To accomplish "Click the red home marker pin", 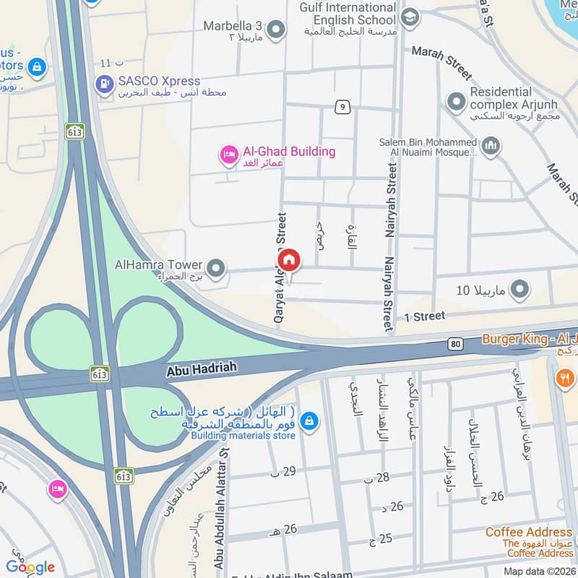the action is pyautogui.click(x=288, y=260).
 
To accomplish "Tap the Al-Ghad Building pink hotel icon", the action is pyautogui.click(x=230, y=154).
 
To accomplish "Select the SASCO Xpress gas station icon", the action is pyautogui.click(x=105, y=85).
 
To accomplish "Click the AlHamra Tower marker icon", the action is pyautogui.click(x=214, y=266).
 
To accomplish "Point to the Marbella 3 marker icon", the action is pyautogui.click(x=275, y=30).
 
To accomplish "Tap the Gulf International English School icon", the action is pyautogui.click(x=410, y=17).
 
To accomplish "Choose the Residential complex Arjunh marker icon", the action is pyautogui.click(x=455, y=102).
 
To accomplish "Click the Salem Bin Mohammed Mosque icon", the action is pyautogui.click(x=491, y=146).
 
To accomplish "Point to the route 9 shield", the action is pyautogui.click(x=342, y=108).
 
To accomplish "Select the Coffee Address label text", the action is pyautogui.click(x=529, y=532).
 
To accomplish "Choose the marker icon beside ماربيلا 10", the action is pyautogui.click(x=519, y=290).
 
